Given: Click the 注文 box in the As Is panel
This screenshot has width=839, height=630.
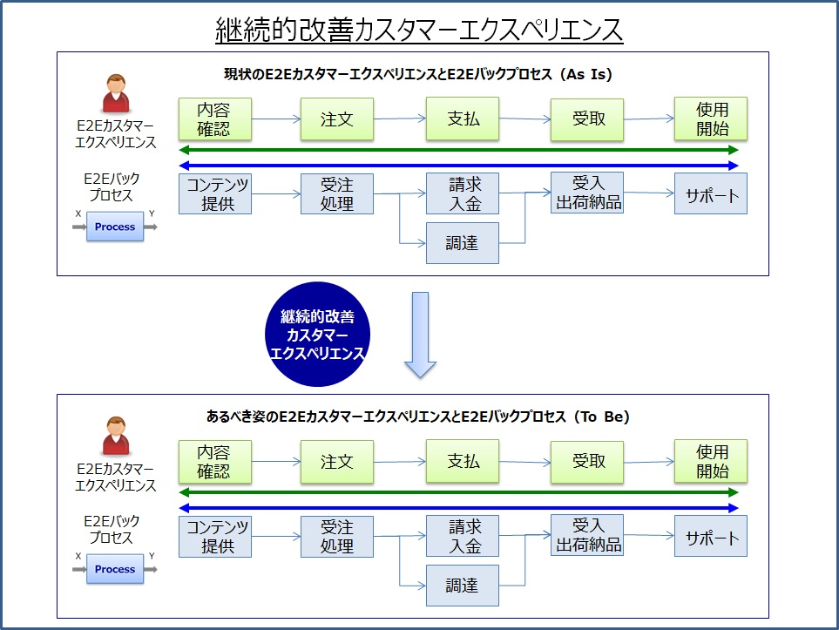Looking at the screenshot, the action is point(337,119).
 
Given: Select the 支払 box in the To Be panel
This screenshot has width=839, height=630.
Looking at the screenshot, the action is point(463,461).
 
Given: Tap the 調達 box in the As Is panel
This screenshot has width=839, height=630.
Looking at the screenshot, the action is point(463,243).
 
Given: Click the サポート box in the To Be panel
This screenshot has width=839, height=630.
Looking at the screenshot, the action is point(711,536).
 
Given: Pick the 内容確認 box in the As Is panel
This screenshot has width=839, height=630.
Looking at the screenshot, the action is point(215,119).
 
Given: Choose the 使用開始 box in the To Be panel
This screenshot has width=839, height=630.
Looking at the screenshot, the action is point(711,461).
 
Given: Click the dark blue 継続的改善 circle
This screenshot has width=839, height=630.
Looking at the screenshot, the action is point(317,335).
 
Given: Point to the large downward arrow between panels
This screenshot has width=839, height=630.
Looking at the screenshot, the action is point(420,335).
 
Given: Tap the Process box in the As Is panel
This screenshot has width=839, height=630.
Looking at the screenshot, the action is point(115,227).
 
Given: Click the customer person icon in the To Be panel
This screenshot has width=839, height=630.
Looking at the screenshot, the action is point(116,437).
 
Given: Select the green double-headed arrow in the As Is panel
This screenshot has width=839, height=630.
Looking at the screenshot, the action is point(458,150).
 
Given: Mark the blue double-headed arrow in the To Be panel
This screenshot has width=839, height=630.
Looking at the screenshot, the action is point(458,507).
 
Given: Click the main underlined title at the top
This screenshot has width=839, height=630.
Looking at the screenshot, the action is point(419,30).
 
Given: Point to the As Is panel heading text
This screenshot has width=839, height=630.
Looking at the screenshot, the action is point(418,74).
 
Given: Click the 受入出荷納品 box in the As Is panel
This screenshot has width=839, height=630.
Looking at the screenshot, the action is point(587,193).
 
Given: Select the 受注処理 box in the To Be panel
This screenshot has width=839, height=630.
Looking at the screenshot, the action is point(337,537).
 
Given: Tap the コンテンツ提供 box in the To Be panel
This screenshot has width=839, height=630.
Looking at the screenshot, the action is point(215,537).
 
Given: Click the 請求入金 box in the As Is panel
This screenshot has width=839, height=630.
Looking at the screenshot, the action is point(463,193).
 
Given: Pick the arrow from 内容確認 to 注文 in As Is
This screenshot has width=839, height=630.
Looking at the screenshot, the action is point(276,119).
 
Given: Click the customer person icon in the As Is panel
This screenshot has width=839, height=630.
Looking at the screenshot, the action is point(116,93).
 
